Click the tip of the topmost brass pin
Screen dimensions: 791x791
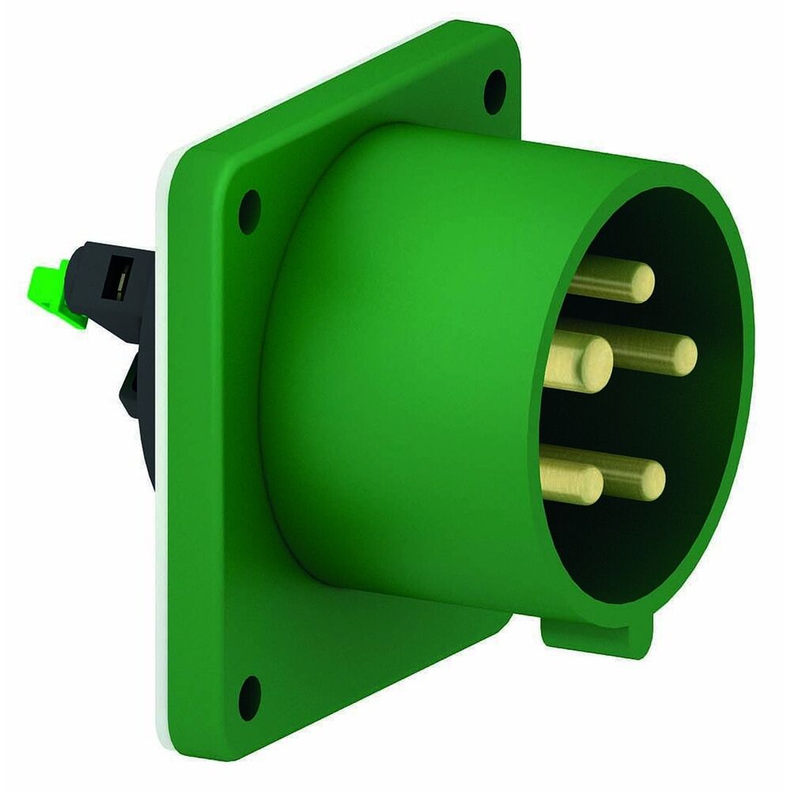[639, 280]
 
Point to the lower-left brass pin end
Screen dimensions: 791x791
[586, 483]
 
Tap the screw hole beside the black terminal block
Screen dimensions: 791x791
[248, 210]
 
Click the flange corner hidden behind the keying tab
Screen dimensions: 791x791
[506, 625]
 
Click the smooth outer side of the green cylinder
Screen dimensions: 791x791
[395, 356]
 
